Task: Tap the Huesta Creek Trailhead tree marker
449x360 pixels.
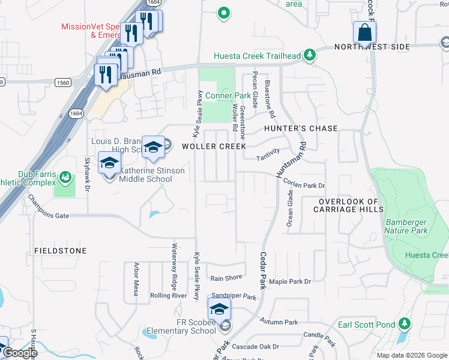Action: pos(310,56)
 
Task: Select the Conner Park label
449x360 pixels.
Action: pos(228,95)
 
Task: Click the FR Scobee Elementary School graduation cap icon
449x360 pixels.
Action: pos(219,310)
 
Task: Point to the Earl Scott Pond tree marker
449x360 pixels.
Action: pos(405,325)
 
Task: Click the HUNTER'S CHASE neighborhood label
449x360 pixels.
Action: pos(300,128)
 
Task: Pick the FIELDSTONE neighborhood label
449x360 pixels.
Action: pos(60,250)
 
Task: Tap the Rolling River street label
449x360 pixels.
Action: pos(169,295)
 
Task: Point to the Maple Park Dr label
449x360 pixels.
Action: pos(291,281)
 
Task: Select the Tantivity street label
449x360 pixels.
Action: pos(268,154)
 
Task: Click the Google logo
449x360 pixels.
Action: pos(19,353)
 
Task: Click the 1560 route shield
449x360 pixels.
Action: pos(62,82)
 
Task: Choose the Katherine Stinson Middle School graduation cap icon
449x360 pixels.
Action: pos(109,163)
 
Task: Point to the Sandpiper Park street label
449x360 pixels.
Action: pos(234,297)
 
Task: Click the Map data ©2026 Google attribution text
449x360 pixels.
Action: pos(411,355)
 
